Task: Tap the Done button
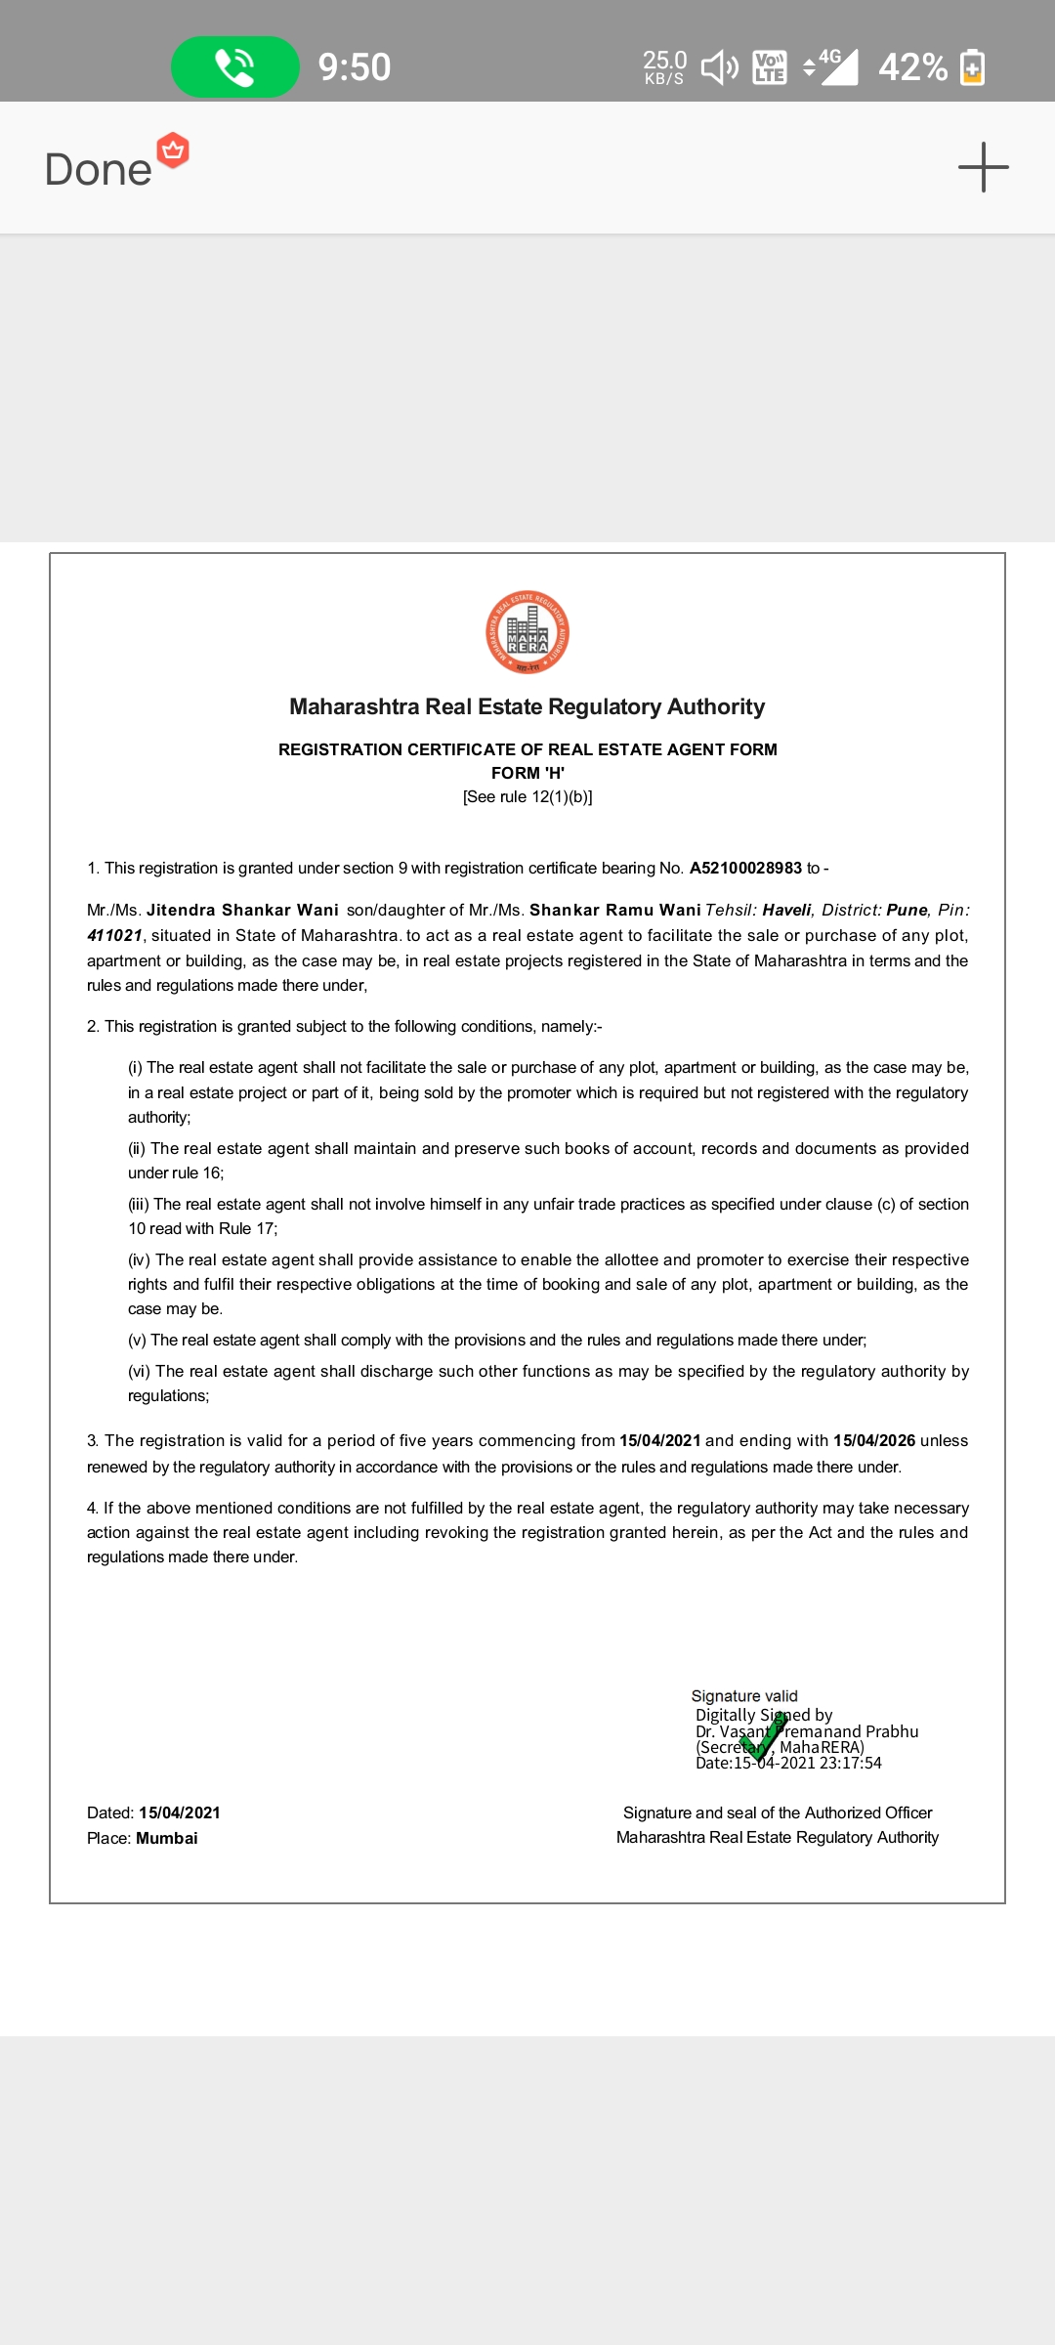98,170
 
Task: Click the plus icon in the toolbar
983,167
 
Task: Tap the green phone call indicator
235,67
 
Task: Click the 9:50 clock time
355,67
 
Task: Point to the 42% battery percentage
912,67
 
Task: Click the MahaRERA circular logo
527,632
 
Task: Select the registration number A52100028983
745,869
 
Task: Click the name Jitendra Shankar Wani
242,911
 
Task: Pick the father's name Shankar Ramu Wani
615,911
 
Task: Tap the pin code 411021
115,936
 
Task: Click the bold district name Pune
907,911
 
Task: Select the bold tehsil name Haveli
786,911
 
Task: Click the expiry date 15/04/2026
874,1441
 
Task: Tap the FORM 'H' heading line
527,774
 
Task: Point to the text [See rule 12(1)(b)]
527,797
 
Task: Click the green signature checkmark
763,1737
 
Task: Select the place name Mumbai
167,1839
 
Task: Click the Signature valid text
744,1696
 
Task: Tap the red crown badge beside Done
173,150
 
